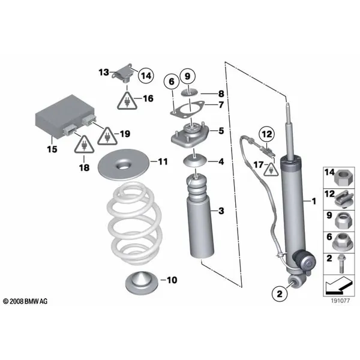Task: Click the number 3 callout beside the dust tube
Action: (x=221, y=211)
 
